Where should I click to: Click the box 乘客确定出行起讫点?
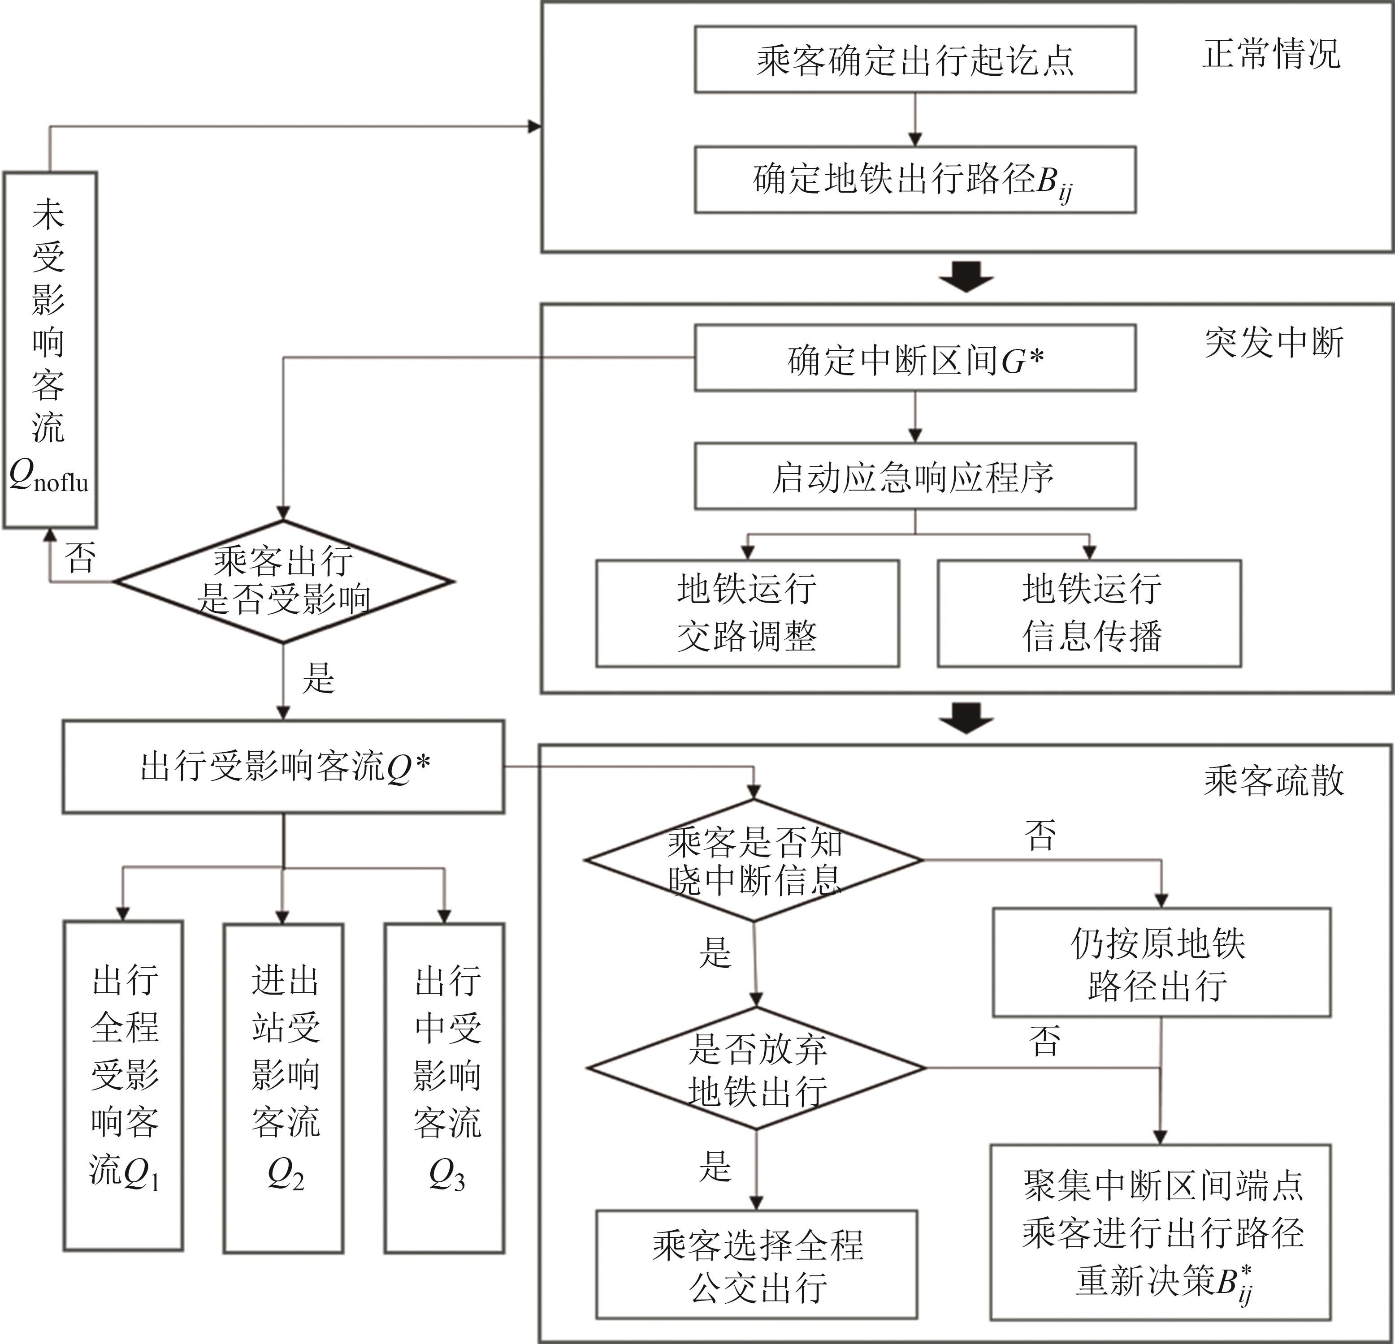(x=914, y=60)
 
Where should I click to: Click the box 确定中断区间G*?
(x=914, y=358)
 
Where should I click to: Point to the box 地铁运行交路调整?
(x=747, y=613)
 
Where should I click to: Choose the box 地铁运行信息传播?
(x=1089, y=613)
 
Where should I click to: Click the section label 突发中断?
(x=1274, y=344)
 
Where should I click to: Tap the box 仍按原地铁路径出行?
(x=1161, y=963)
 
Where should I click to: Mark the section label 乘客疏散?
(x=1274, y=780)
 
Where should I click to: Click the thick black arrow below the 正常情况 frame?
(x=966, y=277)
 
